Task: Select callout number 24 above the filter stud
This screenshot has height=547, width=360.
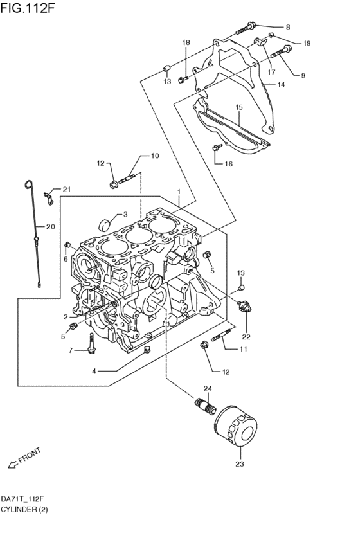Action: coord(208,388)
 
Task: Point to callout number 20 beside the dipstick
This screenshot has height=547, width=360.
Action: coord(51,226)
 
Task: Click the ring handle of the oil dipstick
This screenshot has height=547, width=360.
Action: coord(28,186)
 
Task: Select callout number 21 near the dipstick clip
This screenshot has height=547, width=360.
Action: coord(67,188)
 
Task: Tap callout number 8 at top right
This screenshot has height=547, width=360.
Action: coord(287,27)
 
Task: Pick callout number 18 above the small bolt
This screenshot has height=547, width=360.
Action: coord(186,42)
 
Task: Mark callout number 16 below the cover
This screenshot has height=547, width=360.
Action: coord(229,164)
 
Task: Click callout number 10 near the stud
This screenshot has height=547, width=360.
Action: coord(154,156)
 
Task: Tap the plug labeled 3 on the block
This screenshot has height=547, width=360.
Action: coord(103,224)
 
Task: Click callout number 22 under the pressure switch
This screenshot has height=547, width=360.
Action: coord(246,336)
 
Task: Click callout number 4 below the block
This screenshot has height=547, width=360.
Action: coord(94,371)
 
